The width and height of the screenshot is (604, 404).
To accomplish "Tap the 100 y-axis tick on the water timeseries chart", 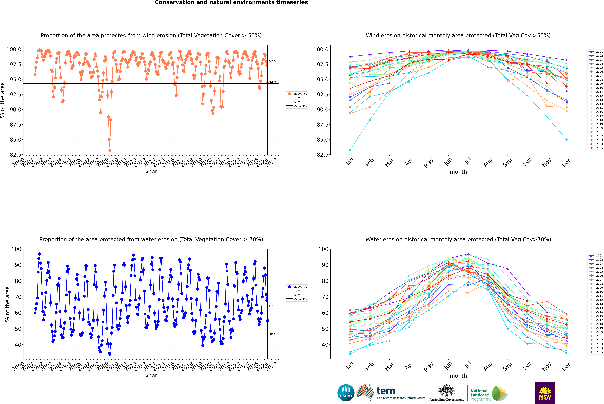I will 16,249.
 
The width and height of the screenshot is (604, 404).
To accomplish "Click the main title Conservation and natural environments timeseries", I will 231,3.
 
